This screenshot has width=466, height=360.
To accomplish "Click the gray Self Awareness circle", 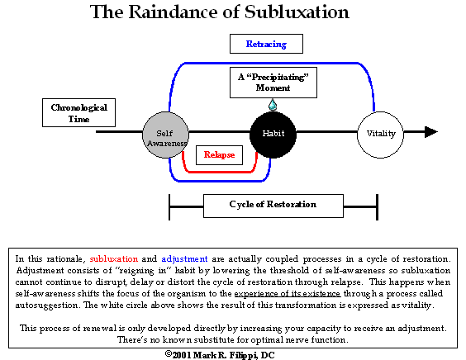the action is (x=165, y=135).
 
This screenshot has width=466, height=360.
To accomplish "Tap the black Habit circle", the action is (x=273, y=135).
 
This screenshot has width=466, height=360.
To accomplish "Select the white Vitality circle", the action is (x=380, y=135).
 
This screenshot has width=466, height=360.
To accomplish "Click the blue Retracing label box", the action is (x=266, y=44).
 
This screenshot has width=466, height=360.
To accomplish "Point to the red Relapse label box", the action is (x=219, y=155).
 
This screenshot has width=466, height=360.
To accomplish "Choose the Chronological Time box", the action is (x=78, y=113).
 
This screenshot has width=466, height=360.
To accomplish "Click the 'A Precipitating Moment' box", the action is (x=273, y=83).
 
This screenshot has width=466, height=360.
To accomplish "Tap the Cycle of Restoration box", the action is (x=273, y=206).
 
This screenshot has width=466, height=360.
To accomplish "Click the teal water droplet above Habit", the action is (x=273, y=105).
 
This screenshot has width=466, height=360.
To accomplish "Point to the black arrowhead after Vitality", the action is (x=431, y=132).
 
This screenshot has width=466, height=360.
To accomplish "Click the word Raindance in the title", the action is (x=183, y=12).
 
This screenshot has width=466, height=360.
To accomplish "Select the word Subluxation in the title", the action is (x=297, y=12).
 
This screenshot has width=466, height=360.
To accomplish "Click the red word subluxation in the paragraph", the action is (x=114, y=259).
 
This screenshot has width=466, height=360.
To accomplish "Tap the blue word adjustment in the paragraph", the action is (x=184, y=259).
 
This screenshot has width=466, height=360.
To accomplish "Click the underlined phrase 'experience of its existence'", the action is (x=288, y=294).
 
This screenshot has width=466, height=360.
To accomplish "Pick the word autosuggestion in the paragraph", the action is (x=46, y=306).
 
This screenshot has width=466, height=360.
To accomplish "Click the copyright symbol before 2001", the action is (x=169, y=353).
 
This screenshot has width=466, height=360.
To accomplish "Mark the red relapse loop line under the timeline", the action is (x=220, y=172).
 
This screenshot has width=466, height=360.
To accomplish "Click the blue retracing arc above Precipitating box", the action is (x=272, y=63).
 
